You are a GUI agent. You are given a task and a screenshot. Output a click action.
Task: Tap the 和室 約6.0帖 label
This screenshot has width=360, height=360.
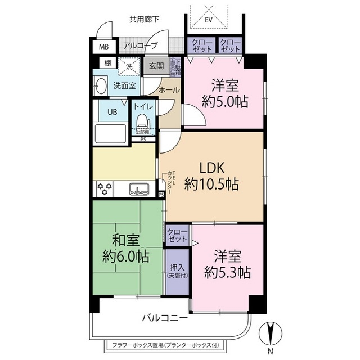pyautogui.click(x=126, y=248)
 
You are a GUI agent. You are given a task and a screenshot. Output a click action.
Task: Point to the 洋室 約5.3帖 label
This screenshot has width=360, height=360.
pyautogui.click(x=227, y=265)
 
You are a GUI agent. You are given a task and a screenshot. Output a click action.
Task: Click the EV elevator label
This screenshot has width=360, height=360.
pyautogui.click(x=209, y=20)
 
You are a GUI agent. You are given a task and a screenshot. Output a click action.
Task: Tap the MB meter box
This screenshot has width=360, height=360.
pyautogui.click(x=104, y=47)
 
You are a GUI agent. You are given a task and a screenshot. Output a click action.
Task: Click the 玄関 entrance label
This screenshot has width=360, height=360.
pyautogui.click(x=156, y=66)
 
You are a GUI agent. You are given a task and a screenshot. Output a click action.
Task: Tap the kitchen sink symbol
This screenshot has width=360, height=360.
pyautogui.click(x=137, y=188)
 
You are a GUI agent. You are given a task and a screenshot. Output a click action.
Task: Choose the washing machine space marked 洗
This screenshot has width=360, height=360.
pyautogui.click(x=129, y=66)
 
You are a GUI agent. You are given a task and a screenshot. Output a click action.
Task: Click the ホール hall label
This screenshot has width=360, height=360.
pyautogui.click(x=169, y=90)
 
